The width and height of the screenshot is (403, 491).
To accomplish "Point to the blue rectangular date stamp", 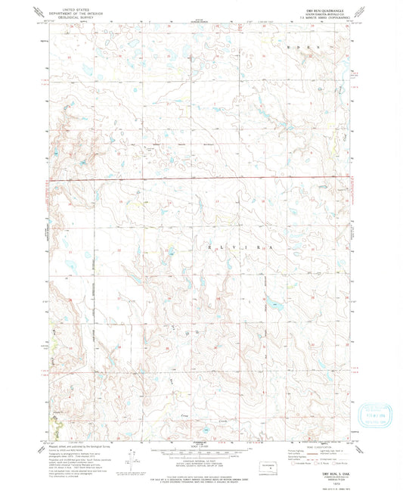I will (377, 414).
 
